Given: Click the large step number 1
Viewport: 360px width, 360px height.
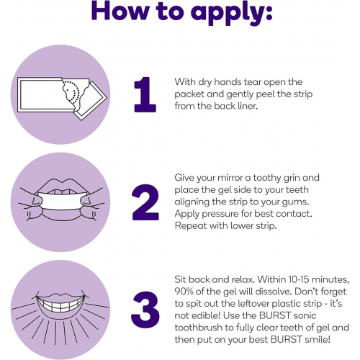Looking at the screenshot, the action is pos(145,94).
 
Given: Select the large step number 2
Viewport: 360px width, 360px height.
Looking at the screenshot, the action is pos(145,202).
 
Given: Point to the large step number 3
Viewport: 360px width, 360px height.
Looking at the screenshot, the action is pos(145,310).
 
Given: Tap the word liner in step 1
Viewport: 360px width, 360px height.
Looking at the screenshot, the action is pos(248,106).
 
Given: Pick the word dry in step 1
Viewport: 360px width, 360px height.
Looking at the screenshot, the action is pos(205,82).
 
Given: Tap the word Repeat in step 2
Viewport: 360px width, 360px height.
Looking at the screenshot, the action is pos(191,226).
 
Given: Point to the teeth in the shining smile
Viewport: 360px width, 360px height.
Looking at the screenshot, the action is pos(60,305).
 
